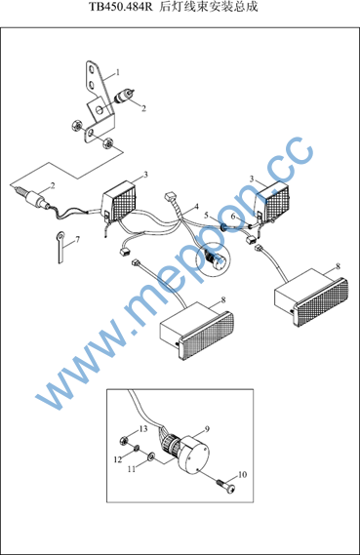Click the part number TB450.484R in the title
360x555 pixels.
[x=121, y=7]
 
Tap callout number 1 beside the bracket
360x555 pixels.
[x=118, y=72]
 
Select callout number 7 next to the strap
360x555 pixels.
[x=77, y=239]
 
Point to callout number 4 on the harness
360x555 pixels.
[x=196, y=207]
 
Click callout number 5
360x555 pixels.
[x=206, y=216]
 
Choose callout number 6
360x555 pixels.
[x=233, y=216]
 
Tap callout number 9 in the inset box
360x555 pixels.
[x=207, y=429]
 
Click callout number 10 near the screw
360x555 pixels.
[x=243, y=474]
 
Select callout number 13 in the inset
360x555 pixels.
[x=143, y=429]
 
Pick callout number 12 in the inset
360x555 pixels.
[x=118, y=459]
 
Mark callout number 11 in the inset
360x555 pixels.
[x=132, y=469]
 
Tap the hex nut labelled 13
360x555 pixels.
[x=123, y=441]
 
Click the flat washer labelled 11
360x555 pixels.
[x=151, y=456]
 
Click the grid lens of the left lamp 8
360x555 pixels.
[x=208, y=334]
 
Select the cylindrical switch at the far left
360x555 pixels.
[x=32, y=197]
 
